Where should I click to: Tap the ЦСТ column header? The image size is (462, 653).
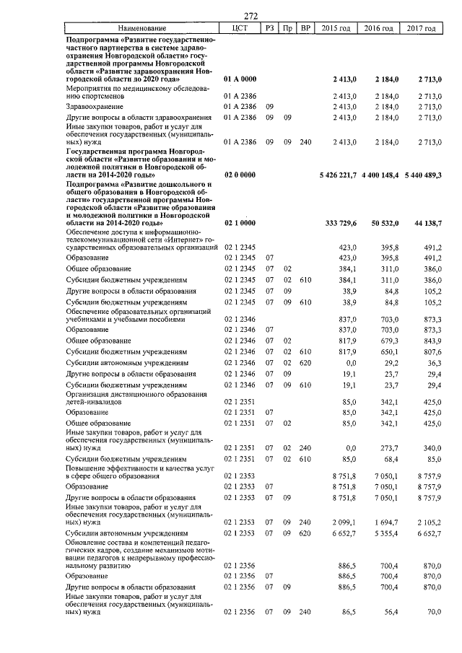point(240,28)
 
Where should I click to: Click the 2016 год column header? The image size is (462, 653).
point(381,28)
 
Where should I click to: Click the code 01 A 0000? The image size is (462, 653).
point(240,77)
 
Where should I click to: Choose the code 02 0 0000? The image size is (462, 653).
point(240,174)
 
